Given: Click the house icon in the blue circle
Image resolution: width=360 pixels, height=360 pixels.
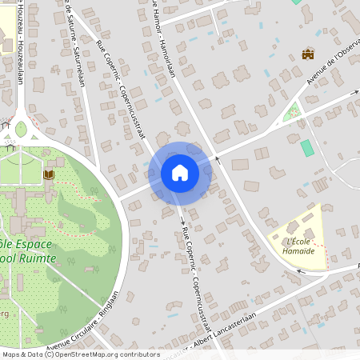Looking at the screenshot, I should (179, 172).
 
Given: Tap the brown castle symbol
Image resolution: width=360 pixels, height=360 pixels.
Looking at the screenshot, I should (307, 54).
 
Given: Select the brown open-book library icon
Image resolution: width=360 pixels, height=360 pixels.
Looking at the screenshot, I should (48, 174).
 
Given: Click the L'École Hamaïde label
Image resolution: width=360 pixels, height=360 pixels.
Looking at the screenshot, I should (298, 246).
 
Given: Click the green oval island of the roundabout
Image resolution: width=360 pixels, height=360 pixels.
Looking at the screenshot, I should (21, 128).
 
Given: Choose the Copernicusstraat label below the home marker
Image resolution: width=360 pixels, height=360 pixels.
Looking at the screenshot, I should (200, 272).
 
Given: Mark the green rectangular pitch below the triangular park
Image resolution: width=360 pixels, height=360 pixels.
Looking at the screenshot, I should (307, 148).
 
